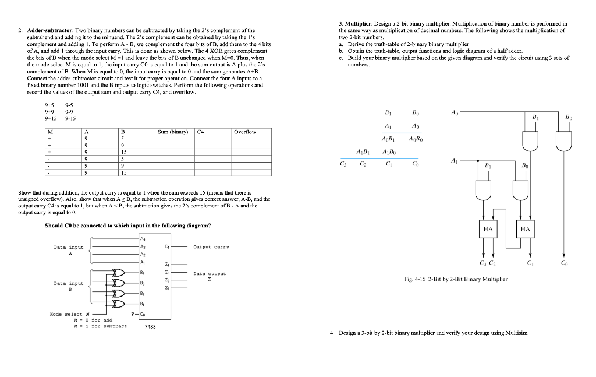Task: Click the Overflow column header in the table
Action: [244, 132]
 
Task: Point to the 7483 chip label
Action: [150, 326]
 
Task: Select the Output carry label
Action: [211, 246]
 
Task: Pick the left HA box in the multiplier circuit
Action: [488, 229]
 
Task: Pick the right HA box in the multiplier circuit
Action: [525, 229]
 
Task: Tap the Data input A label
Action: [68, 250]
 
